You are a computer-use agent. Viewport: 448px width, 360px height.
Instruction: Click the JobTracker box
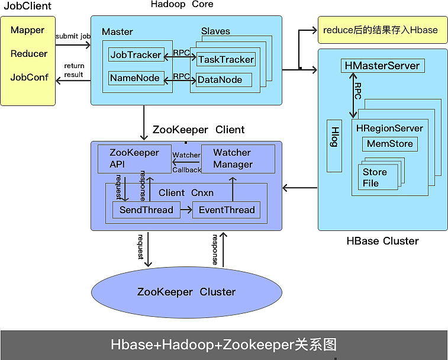(x=136, y=55)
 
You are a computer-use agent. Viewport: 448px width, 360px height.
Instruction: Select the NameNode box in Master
(x=136, y=78)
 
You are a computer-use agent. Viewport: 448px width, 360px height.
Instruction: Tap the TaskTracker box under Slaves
(x=225, y=59)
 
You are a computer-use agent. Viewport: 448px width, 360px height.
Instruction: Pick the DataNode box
(x=220, y=79)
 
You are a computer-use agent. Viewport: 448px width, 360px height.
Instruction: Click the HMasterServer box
(x=381, y=66)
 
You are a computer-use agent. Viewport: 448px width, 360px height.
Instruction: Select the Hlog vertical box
(x=334, y=146)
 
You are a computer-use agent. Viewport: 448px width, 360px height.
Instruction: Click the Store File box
(x=379, y=177)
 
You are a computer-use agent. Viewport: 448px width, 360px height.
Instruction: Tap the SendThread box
(x=146, y=210)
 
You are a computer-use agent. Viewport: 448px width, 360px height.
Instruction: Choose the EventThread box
(x=227, y=210)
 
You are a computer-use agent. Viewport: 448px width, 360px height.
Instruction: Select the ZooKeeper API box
(x=134, y=159)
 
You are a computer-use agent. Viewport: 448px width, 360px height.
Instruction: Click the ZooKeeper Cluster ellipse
(x=186, y=292)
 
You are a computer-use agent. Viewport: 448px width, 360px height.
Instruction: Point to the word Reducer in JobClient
(x=28, y=53)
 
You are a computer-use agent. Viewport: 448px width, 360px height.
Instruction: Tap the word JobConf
(x=28, y=77)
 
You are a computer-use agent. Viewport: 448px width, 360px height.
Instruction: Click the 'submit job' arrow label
(x=73, y=36)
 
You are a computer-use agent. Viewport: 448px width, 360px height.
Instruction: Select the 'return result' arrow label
(x=74, y=70)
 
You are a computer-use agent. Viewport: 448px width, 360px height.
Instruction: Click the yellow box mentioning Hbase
(x=380, y=30)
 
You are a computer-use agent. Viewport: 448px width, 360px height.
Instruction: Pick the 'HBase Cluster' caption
(x=382, y=241)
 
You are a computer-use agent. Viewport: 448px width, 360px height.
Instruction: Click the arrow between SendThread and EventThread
(x=186, y=210)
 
